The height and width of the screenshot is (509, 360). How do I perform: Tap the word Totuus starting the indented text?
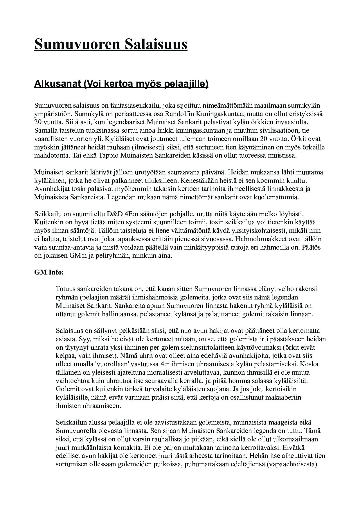[x=66, y=289]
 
